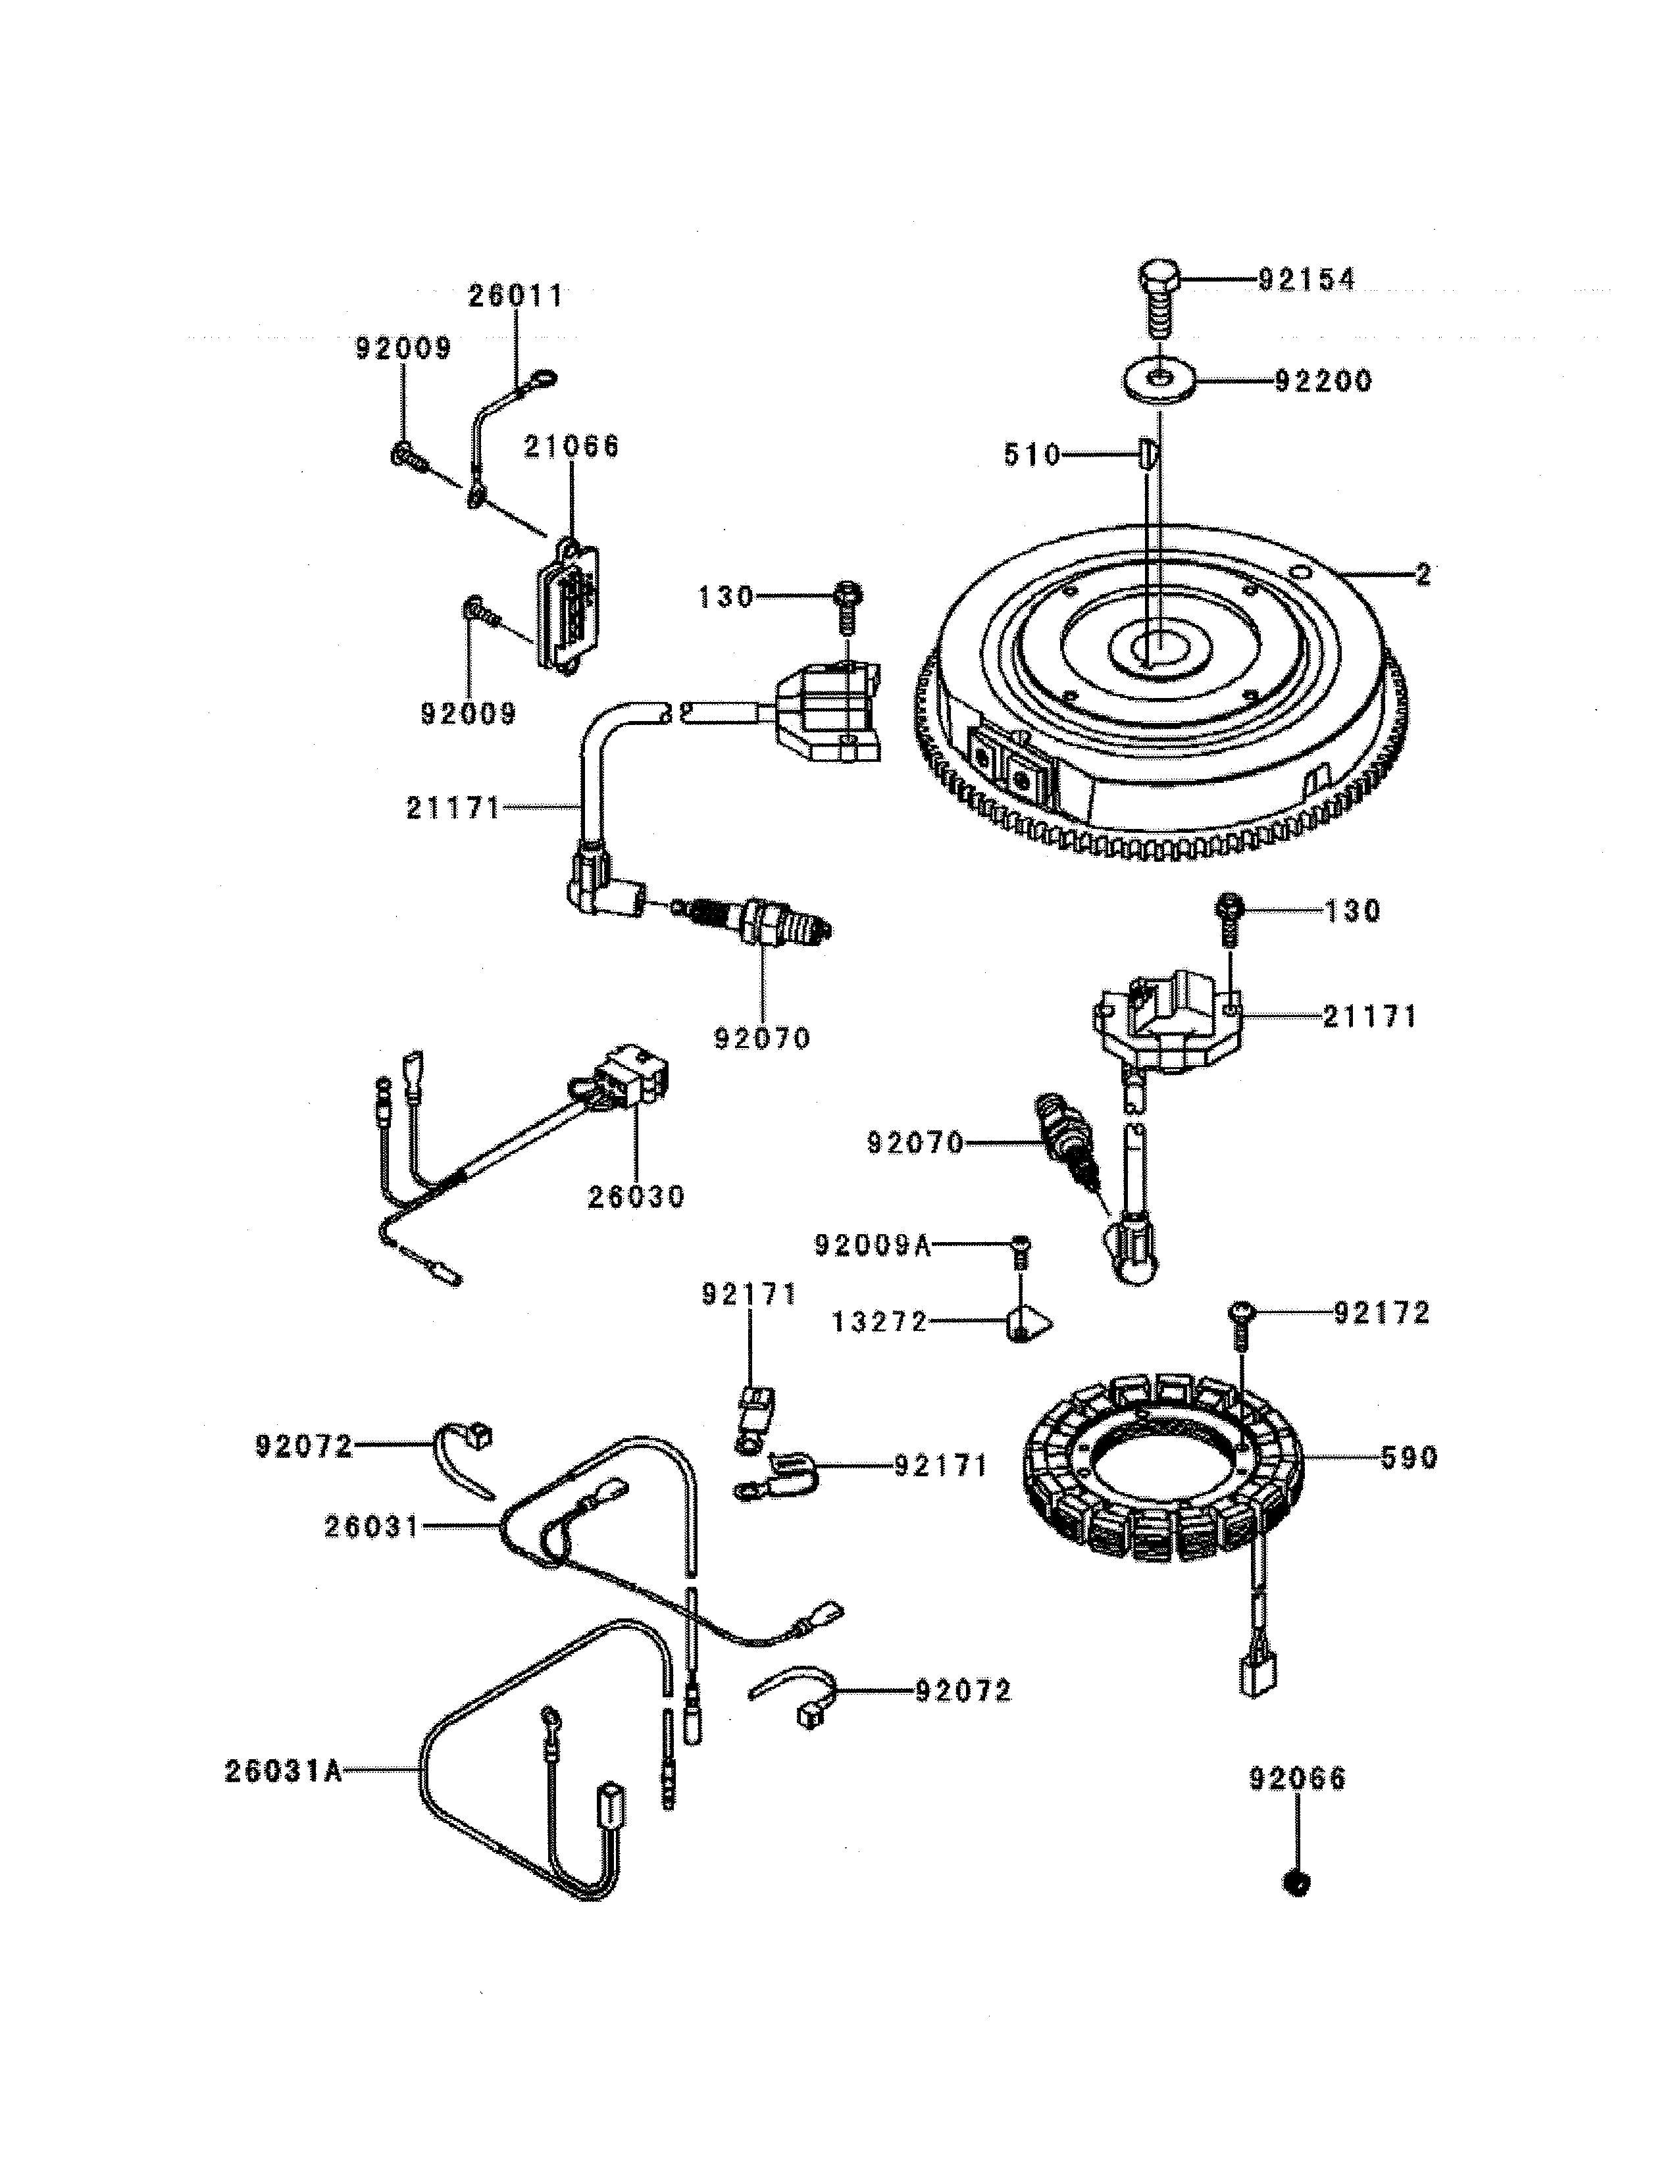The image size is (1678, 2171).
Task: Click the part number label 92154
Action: [1306, 280]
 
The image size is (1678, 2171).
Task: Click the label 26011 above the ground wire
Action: [515, 296]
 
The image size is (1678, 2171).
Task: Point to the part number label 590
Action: [1409, 1459]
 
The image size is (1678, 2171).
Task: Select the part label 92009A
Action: [873, 1245]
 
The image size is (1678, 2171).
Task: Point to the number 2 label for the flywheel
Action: [1423, 574]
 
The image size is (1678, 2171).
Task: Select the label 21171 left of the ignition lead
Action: [452, 808]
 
